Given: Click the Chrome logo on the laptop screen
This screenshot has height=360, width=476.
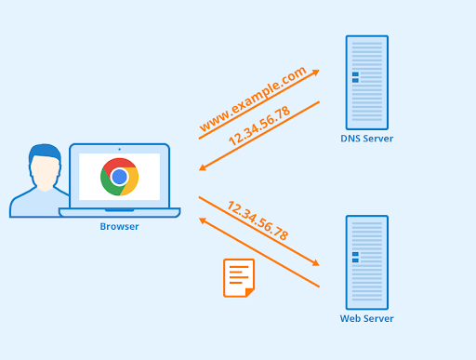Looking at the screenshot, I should click(x=119, y=177).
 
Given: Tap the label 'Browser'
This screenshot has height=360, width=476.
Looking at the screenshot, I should click(x=119, y=226).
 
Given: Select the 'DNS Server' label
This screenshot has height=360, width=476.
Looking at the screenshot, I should click(x=366, y=139).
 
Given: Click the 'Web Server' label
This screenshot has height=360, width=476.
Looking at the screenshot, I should click(x=366, y=319).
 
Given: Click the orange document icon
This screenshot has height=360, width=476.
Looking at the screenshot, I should click(x=239, y=277).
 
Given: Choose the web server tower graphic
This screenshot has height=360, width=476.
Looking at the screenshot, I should click(x=366, y=262).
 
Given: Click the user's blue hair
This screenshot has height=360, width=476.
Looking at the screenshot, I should click(x=43, y=153).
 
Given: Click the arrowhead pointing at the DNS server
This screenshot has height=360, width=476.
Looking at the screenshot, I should click(x=315, y=72).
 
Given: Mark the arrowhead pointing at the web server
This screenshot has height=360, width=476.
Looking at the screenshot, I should click(x=315, y=264).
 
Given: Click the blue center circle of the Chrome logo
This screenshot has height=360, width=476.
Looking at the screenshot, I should click(x=119, y=177).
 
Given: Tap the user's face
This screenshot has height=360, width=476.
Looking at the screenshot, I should click(x=44, y=171).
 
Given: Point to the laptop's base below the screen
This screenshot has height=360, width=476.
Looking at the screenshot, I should click(x=119, y=213).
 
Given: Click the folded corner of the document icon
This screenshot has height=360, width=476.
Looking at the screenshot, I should click(x=249, y=292).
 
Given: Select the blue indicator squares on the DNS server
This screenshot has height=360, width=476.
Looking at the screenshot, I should click(x=355, y=77).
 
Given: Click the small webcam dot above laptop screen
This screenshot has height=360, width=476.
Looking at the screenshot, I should click(x=119, y=149).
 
